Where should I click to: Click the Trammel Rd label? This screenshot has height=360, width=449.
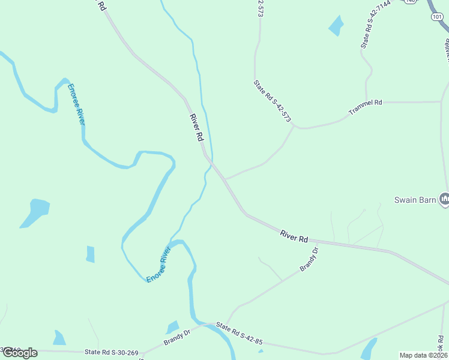365,106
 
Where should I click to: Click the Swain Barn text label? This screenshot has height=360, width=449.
415,200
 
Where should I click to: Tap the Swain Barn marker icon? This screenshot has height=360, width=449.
444,199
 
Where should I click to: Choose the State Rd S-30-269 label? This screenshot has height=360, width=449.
112,352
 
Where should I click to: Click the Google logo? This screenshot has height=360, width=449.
19,352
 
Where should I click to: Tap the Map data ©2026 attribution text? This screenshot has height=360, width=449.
423,355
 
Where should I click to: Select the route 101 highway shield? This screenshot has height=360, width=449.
436,17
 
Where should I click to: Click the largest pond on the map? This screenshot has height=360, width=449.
35,212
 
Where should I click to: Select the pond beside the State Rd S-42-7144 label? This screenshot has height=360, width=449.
336,26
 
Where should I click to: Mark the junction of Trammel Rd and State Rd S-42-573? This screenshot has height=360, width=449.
294,125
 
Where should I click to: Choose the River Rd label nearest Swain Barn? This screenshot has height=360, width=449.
294,235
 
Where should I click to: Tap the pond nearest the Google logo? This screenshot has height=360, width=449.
59,338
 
